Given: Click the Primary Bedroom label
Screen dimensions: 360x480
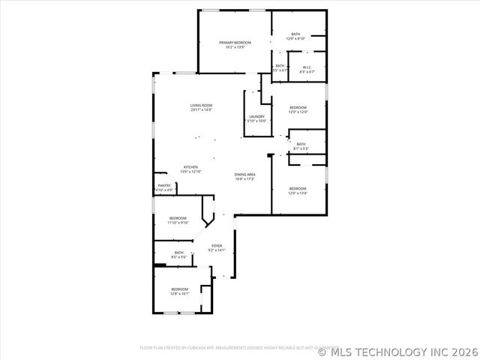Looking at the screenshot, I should [235, 43].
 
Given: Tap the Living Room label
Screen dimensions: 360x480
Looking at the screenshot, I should [201, 105].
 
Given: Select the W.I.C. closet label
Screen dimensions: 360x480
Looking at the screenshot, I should [307, 67].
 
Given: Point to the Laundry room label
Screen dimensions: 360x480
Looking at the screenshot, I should [256, 116].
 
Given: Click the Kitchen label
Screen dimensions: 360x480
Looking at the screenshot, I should [190, 166].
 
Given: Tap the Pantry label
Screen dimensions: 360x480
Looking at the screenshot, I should [164, 185].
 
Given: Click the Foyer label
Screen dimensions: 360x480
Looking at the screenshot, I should [216, 245].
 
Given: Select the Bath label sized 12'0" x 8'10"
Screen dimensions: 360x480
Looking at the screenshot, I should [295, 34].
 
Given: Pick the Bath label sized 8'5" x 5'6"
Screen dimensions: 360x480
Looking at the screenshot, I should [179, 253].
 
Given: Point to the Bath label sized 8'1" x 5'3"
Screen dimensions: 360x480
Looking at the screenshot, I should [301, 144].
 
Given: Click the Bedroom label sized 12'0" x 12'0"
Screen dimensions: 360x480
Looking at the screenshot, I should [298, 108].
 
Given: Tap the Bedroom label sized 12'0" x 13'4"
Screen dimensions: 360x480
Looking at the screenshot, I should [298, 188].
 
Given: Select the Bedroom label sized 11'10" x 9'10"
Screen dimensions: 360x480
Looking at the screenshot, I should [178, 217].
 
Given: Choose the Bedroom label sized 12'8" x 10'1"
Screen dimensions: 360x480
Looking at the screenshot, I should [180, 289].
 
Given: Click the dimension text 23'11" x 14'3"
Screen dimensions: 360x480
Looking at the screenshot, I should [201, 110].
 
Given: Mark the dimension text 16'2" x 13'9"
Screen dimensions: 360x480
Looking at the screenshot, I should [235, 48].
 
